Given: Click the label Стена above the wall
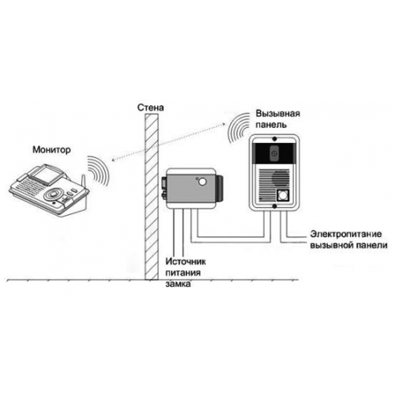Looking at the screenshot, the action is (x=150, y=107).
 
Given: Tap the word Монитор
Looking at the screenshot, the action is (x=51, y=150).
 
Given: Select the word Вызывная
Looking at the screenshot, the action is (x=278, y=114).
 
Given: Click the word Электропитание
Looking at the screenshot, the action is (x=346, y=234).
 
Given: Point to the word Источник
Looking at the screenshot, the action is (x=186, y=261).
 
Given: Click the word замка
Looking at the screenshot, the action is (x=178, y=284).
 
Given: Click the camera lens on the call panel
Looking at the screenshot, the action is (x=274, y=153).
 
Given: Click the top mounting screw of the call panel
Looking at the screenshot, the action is (x=274, y=138).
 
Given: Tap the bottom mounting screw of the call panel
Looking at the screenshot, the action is (x=274, y=206).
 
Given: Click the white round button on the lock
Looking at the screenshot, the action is (x=202, y=182).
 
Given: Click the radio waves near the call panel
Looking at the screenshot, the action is (x=239, y=129).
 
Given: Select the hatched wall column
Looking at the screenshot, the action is (x=152, y=197).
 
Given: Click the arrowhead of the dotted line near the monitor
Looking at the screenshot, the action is (x=113, y=159).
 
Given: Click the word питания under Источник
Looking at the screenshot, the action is (x=183, y=273).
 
